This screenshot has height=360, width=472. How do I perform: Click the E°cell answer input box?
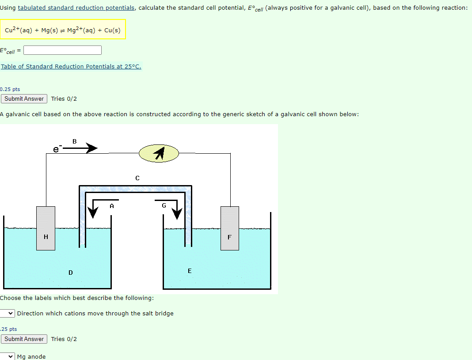pos(62,50)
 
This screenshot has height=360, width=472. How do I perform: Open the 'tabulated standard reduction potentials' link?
pos(76,8)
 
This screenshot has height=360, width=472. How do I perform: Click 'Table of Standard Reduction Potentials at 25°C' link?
pos(71,67)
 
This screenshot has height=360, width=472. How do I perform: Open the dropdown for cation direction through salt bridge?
pos(8,313)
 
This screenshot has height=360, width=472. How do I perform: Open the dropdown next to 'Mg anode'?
pos(8,356)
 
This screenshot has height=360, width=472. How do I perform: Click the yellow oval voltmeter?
pos(159,153)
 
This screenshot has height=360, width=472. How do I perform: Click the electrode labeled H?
pos(46,228)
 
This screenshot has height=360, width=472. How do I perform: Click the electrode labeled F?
pos(229,228)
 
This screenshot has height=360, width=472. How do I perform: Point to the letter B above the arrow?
pos(74,141)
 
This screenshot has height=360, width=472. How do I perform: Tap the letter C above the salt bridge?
pos(137,178)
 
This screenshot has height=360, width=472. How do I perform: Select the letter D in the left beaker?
pos(71,273)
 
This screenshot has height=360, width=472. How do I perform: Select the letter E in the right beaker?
pos(190,271)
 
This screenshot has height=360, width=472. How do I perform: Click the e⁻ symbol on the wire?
pos(57,149)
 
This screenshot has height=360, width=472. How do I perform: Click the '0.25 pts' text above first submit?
pos(10,89)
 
